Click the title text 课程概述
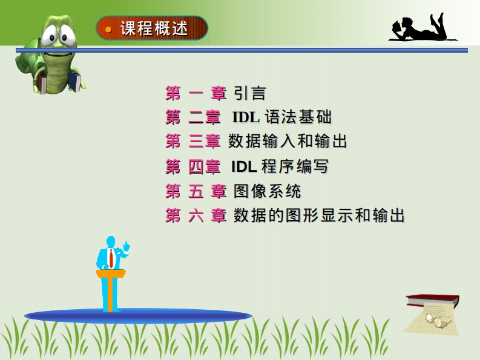(x=154, y=29)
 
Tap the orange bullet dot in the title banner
(x=108, y=30)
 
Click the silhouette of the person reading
(x=422, y=28)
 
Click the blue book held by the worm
(x=74, y=82)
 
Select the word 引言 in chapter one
(x=250, y=93)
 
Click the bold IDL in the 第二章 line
(x=246, y=117)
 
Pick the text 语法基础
(x=298, y=117)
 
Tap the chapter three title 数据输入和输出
(x=288, y=142)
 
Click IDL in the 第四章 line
(x=244, y=167)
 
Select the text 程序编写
(x=295, y=167)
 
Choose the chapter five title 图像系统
(x=268, y=191)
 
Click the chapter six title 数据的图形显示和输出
(x=319, y=215)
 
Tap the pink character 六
(x=196, y=215)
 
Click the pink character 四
(x=196, y=167)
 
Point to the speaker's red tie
(x=111, y=258)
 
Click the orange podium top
(x=111, y=273)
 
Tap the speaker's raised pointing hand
(x=126, y=246)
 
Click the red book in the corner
(x=433, y=301)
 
